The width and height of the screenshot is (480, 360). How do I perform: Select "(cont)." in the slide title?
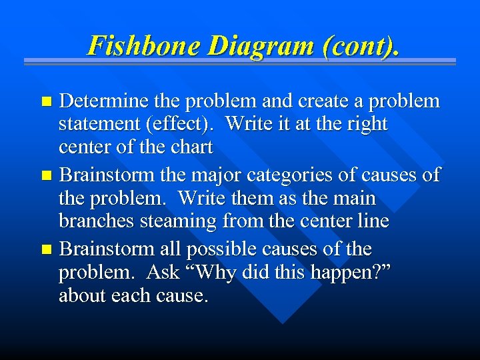(x=361, y=45)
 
